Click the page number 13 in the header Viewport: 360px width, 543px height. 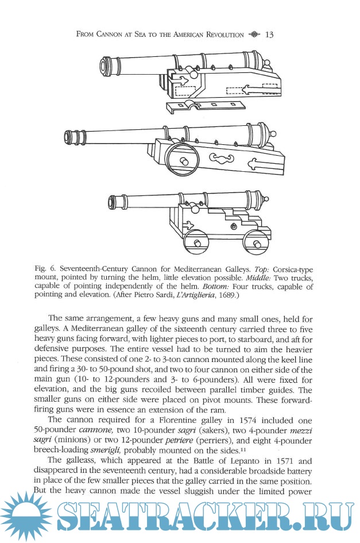point(269,35)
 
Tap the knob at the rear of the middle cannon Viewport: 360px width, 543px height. point(272,135)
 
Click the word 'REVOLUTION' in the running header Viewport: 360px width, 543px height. point(215,36)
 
